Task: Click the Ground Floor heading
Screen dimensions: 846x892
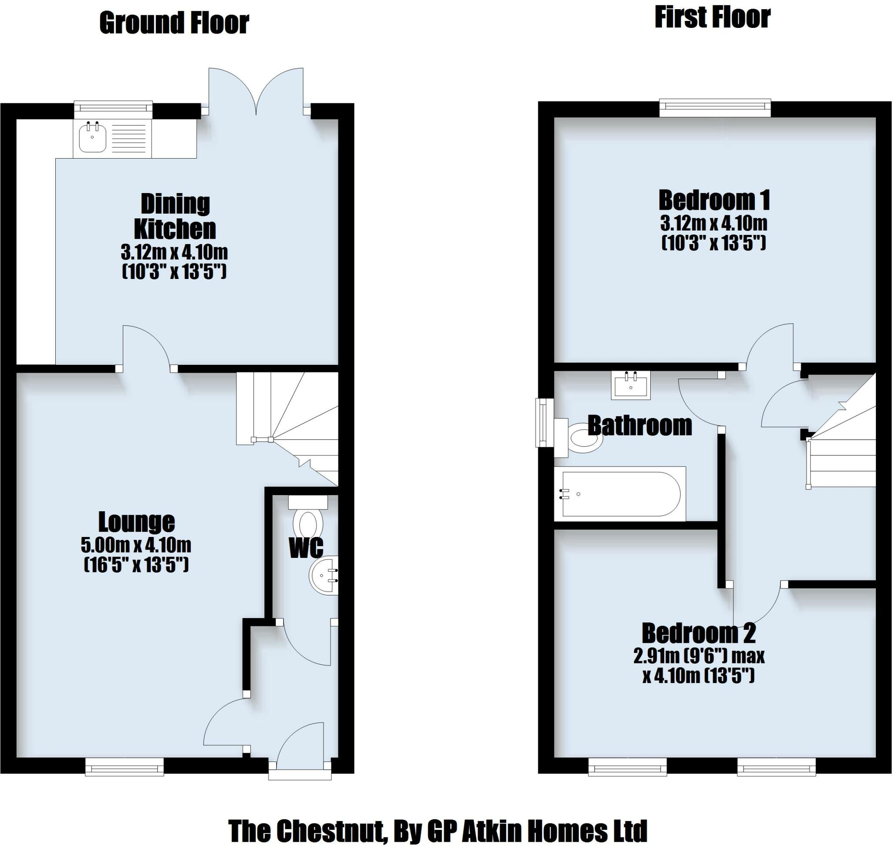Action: pos(174,24)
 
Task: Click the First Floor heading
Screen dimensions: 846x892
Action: pos(712,18)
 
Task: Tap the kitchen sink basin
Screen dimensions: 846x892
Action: pos(92,139)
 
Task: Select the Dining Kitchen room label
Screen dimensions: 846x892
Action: pos(175,216)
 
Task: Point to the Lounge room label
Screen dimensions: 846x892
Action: pos(136,522)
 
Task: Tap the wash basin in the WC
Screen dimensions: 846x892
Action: pos(323,576)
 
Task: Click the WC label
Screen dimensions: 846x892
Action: pos(306,548)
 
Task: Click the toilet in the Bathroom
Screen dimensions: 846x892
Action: pos(582,437)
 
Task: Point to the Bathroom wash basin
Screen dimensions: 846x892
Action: pos(631,386)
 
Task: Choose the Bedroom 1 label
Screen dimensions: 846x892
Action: pos(714,200)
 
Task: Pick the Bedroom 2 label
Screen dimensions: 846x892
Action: pos(699,633)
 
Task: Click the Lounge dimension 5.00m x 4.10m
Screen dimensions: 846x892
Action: pos(136,545)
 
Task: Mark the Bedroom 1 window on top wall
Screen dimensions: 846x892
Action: pos(715,108)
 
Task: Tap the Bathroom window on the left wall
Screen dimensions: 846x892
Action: pos(544,422)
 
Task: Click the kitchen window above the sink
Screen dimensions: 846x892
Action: pos(113,107)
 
